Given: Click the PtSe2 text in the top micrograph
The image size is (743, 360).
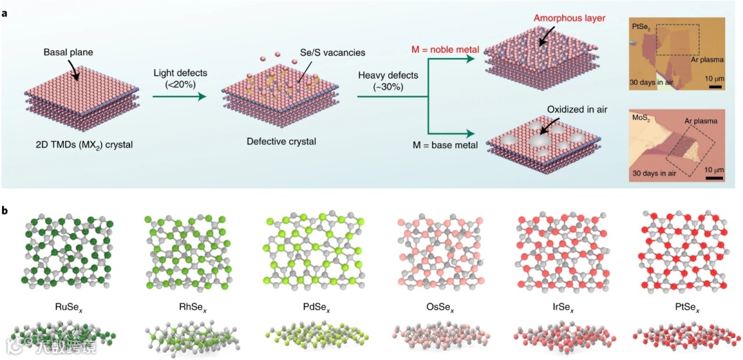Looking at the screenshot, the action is click(641, 27).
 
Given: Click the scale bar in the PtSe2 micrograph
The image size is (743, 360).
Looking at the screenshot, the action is click(715, 87).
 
